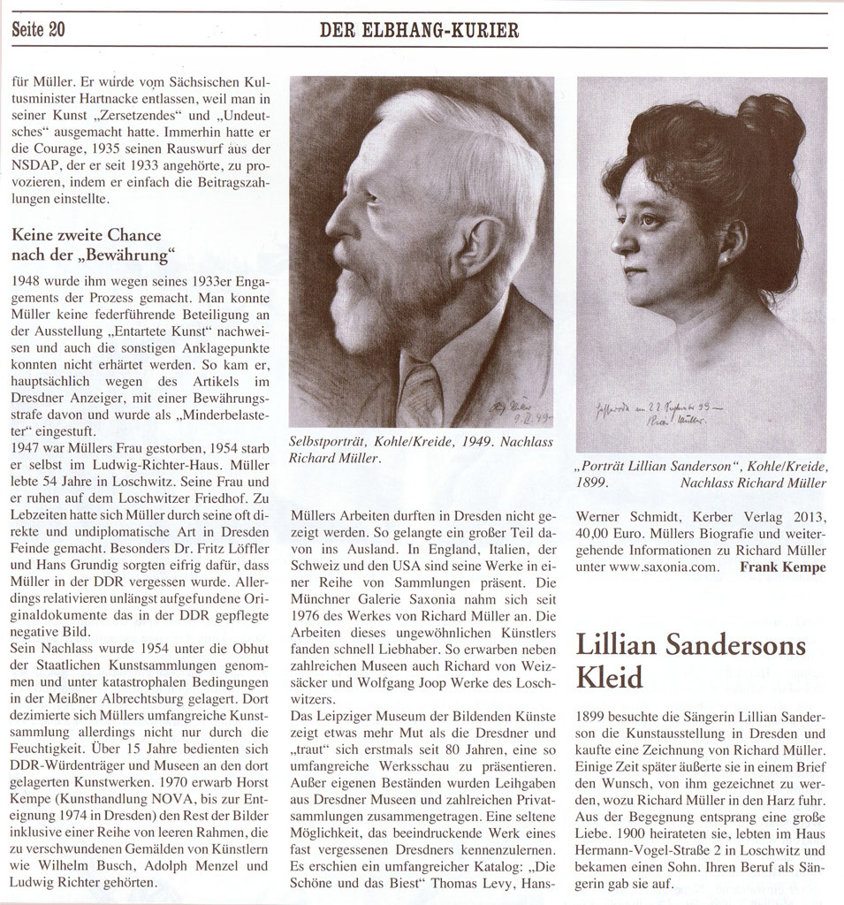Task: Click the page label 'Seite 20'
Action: pos(39,30)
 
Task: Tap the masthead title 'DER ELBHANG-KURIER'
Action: pos(419,31)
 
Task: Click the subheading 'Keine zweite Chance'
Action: pos(87,235)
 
